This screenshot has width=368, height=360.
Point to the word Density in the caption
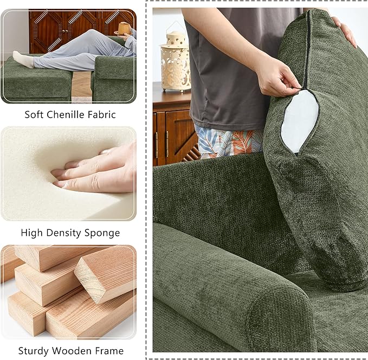point(64,233)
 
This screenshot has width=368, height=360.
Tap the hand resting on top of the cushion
point(344,30)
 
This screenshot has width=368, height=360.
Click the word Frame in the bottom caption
point(109,351)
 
